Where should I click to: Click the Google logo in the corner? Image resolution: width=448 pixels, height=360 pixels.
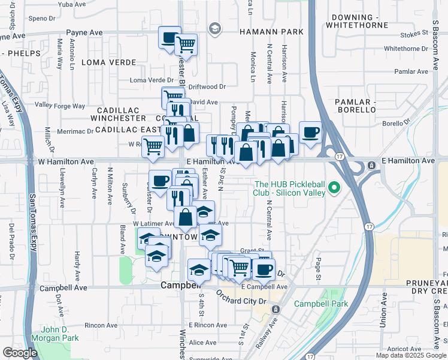[x=20, y=353]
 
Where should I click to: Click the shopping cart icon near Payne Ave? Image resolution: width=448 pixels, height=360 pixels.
[x=186, y=44]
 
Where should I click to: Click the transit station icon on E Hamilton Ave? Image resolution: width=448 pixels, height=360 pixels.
[x=371, y=165]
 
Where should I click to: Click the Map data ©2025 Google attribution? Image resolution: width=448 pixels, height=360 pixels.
[x=410, y=355]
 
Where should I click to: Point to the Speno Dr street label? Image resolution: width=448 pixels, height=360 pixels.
[x=25, y=19]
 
